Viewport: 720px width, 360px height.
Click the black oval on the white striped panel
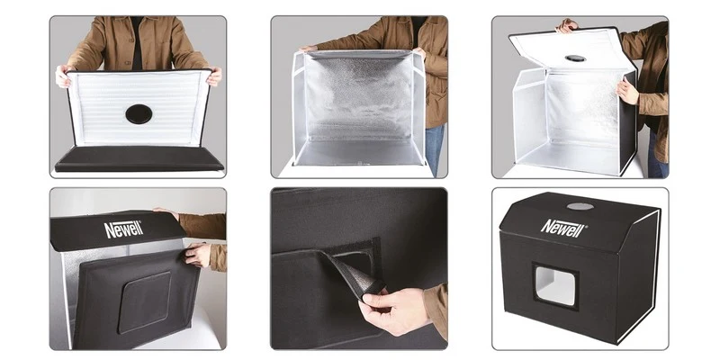[139, 114]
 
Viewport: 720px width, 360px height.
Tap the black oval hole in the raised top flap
[575, 58]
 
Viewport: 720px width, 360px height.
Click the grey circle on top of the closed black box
[580, 206]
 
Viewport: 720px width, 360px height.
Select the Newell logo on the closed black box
[564, 228]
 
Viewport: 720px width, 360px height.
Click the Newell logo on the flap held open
[123, 229]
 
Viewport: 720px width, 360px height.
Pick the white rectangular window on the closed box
[555, 285]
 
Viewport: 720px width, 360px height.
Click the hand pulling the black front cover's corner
[198, 255]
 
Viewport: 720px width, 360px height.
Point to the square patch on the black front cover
[144, 301]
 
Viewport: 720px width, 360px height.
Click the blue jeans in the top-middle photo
[434, 149]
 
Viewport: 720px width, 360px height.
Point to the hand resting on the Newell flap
[166, 212]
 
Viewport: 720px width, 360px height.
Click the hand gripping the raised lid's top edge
[567, 26]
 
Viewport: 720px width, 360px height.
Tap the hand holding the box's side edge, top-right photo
[627, 90]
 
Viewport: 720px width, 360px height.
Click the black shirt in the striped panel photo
[137, 42]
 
